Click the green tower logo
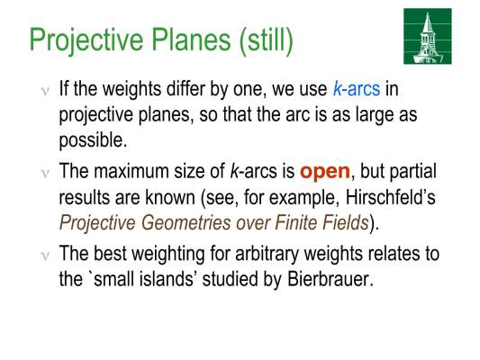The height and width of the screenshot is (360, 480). [x=428, y=36]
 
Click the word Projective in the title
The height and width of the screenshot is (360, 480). [x=86, y=40]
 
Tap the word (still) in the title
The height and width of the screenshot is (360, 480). [x=266, y=40]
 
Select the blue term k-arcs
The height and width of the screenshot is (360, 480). [x=357, y=89]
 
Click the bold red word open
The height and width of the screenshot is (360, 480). [x=325, y=172]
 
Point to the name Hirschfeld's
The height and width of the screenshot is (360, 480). [x=390, y=197]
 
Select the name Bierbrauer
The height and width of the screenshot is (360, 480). [x=331, y=279]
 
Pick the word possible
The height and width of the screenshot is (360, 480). [x=93, y=141]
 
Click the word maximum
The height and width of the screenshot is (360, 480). [x=131, y=171]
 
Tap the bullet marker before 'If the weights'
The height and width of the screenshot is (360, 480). [x=45, y=91]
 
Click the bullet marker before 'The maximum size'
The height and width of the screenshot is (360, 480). [x=45, y=173]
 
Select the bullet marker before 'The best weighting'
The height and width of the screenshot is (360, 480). [x=45, y=256]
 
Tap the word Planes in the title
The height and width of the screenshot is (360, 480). [x=191, y=40]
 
